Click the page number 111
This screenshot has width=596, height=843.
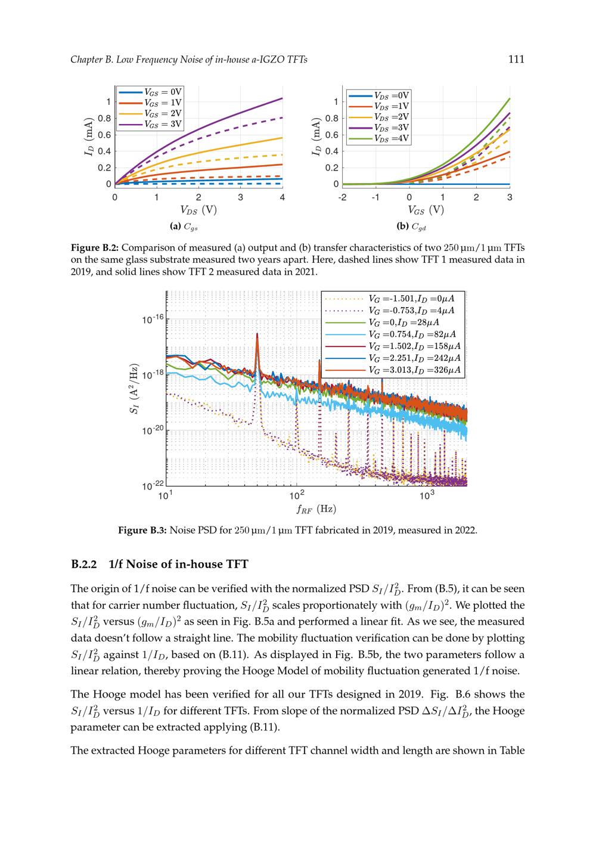(516, 59)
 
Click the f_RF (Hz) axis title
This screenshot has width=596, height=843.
(316, 509)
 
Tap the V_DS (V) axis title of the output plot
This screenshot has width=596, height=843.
(198, 210)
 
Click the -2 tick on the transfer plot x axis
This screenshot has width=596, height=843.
(342, 197)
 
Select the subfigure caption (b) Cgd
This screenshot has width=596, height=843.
(411, 227)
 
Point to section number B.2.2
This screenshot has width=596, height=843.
(84, 564)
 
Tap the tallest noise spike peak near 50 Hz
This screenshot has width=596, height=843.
(257, 334)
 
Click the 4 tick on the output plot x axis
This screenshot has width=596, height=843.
(282, 197)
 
